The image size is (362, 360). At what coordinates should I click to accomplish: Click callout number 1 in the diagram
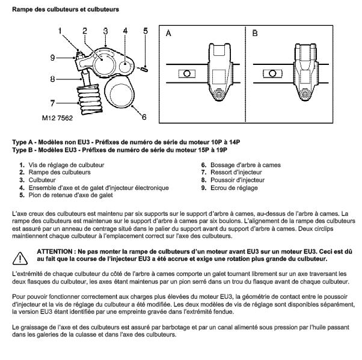(60, 29)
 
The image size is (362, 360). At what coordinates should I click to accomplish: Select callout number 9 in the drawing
(53, 58)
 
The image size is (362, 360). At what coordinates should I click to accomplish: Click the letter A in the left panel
(169, 34)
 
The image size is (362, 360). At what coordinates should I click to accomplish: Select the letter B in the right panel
(255, 34)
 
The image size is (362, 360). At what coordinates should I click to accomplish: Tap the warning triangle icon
(21, 257)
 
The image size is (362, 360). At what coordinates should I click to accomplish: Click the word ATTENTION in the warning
(56, 250)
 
